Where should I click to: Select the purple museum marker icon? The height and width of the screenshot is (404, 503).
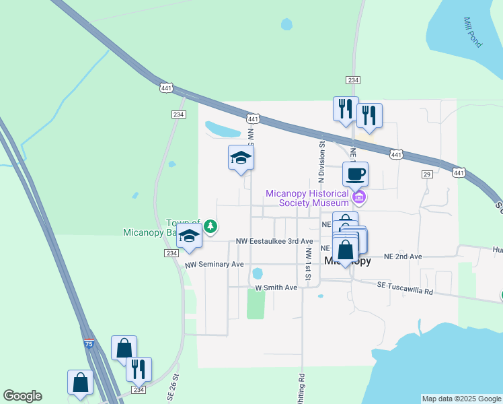pos(360,197)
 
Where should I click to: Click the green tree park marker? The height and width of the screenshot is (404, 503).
pos(210,226)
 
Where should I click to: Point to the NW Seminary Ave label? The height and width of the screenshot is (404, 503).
pos(214,265)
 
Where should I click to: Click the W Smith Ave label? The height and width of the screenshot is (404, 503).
pos(276,288)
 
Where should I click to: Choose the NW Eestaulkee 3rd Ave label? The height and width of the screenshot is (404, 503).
pos(274,241)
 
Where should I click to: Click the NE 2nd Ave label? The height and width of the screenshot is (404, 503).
pos(403,257)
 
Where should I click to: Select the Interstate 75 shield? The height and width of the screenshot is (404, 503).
pos(89,343)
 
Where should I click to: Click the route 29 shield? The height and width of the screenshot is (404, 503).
pos(426,174)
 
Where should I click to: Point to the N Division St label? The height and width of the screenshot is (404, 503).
pos(321,160)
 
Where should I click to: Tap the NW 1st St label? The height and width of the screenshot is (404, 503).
pos(308,263)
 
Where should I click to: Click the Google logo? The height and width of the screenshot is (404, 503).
pos(22,396)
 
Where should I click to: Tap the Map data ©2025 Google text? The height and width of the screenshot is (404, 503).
pos(461,399)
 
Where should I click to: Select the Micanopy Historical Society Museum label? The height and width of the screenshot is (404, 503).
pos(307,197)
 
